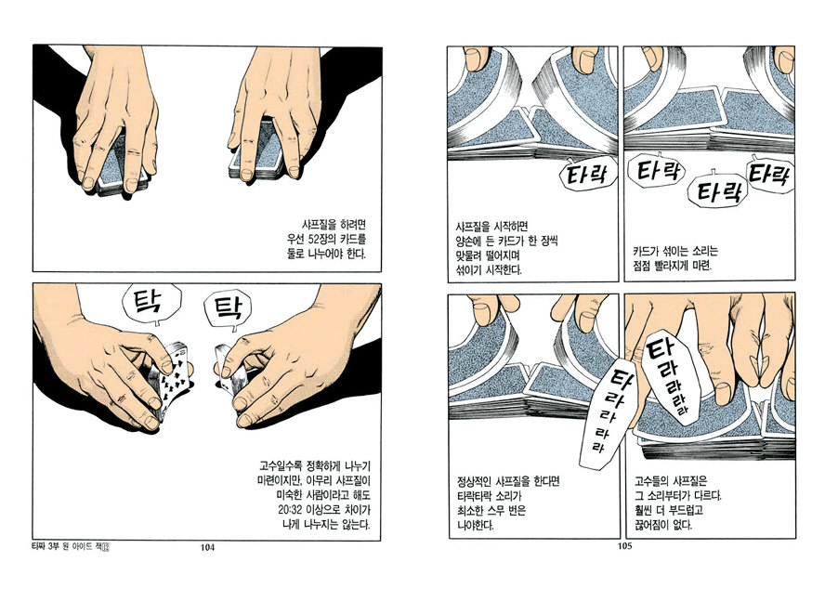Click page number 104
point(207,547)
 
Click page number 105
point(624,546)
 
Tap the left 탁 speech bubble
point(151,303)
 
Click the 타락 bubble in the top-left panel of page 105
point(587,175)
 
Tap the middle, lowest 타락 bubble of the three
point(714,191)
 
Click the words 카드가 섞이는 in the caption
point(661,251)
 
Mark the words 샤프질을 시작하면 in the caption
point(491,227)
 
